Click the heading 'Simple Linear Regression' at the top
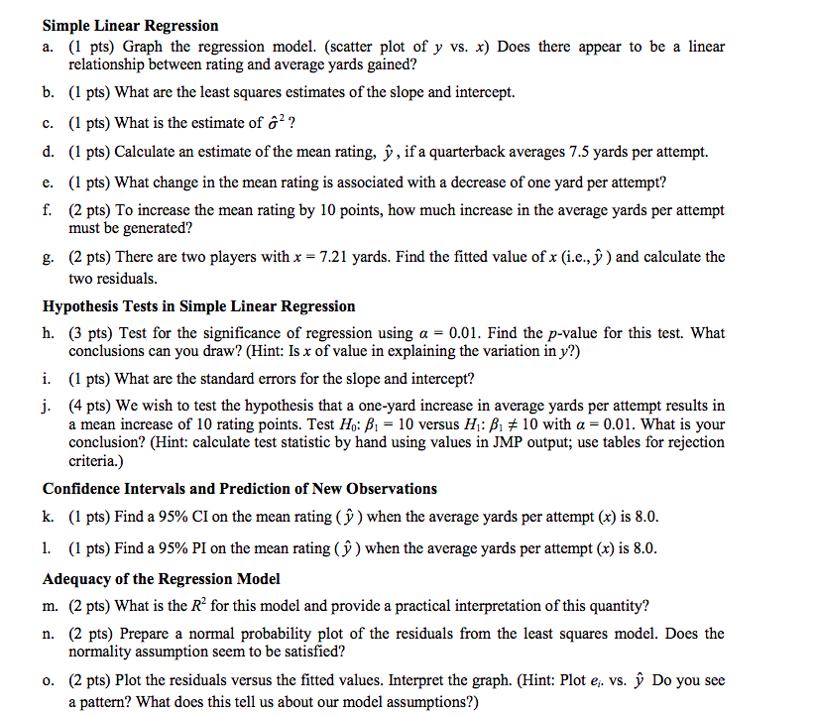130,26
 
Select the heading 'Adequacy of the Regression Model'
162,578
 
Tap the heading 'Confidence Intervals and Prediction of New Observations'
239,488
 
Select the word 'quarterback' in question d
472,152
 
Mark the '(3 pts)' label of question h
89,333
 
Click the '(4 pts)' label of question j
89,405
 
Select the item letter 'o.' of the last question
50,680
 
